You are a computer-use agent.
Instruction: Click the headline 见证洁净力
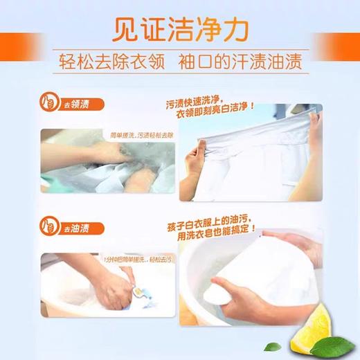pyautogui.click(x=181, y=30)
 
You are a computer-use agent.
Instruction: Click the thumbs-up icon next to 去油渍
pyautogui.click(x=51, y=228)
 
